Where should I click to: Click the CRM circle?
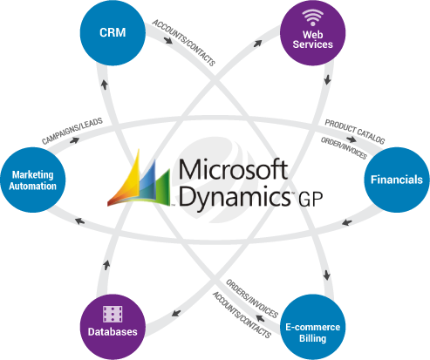coord(113,32)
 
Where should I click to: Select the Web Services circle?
coord(313,32)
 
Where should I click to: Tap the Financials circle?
coord(397,180)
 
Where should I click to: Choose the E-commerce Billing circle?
coord(313,327)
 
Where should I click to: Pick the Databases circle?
coord(113,327)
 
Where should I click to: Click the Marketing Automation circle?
coord(33,180)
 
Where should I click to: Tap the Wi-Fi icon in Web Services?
coord(313,17)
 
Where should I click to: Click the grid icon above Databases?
coord(113,314)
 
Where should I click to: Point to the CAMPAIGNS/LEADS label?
coord(72,131)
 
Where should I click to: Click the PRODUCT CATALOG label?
coord(355,132)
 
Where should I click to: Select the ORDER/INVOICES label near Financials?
coord(344,148)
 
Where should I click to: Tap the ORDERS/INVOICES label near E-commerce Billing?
coord(252,298)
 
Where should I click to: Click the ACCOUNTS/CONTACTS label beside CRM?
coord(184,43)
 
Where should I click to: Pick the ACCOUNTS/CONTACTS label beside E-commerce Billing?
coord(242,315)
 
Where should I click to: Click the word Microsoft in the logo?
coord(233,169)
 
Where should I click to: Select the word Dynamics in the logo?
coord(235,196)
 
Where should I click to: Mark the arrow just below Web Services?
coord(327,79)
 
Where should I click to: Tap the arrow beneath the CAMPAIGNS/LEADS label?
coord(74,140)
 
